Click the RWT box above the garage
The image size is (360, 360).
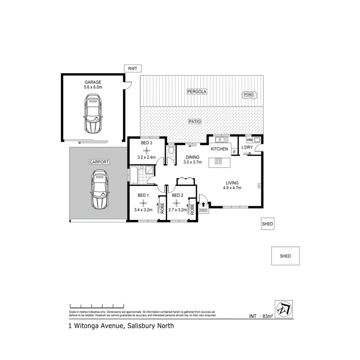(133, 69)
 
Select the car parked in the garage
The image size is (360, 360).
(93, 114)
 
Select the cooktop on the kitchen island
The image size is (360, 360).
(218, 161)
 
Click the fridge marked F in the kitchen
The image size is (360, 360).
(234, 152)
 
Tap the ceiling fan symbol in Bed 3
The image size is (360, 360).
(146, 150)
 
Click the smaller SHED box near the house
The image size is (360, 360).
(267, 224)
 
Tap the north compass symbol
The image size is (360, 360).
(284, 308)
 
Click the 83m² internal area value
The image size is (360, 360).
(268, 316)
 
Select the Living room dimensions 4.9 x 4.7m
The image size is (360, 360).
(232, 188)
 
